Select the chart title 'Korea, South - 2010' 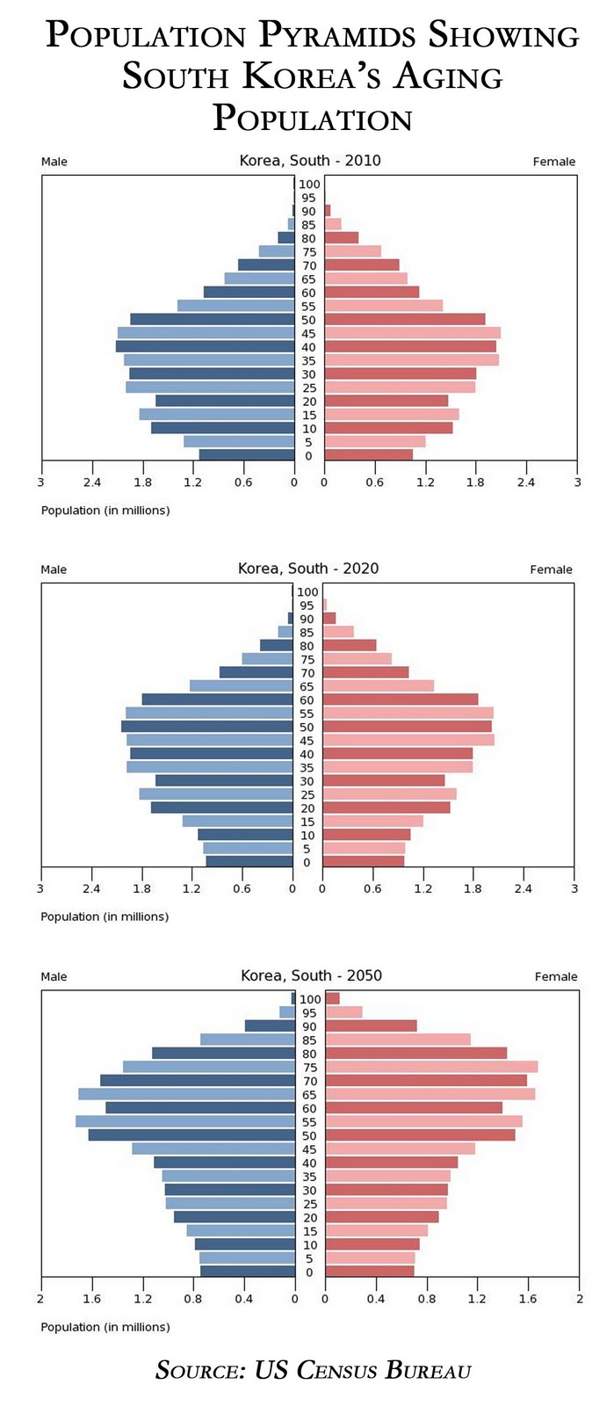pyautogui.click(x=310, y=161)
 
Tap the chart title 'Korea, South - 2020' pyautogui.click(x=308, y=569)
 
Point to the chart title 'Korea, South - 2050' pyautogui.click(x=311, y=975)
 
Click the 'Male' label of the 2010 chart pyautogui.click(x=54, y=162)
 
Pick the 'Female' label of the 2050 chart pyautogui.click(x=556, y=976)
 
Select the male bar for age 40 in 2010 pyautogui.click(x=205, y=347)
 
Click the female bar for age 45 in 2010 pyautogui.click(x=412, y=333)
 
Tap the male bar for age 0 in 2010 pyautogui.click(x=247, y=455)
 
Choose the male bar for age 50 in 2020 pyautogui.click(x=206, y=727)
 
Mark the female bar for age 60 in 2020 pyautogui.click(x=401, y=699)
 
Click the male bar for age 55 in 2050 pyautogui.click(x=185, y=1121)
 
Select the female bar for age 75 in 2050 pyautogui.click(x=431, y=1067)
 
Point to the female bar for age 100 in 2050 pyautogui.click(x=332, y=999)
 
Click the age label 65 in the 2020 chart pyautogui.click(x=307, y=686)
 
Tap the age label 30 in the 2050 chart pyautogui.click(x=309, y=1191)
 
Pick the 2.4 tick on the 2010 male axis pyautogui.click(x=91, y=482)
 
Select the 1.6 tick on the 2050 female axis pyautogui.click(x=528, y=1299)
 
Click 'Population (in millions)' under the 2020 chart pyautogui.click(x=105, y=917)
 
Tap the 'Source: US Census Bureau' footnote pyautogui.click(x=313, y=1370)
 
